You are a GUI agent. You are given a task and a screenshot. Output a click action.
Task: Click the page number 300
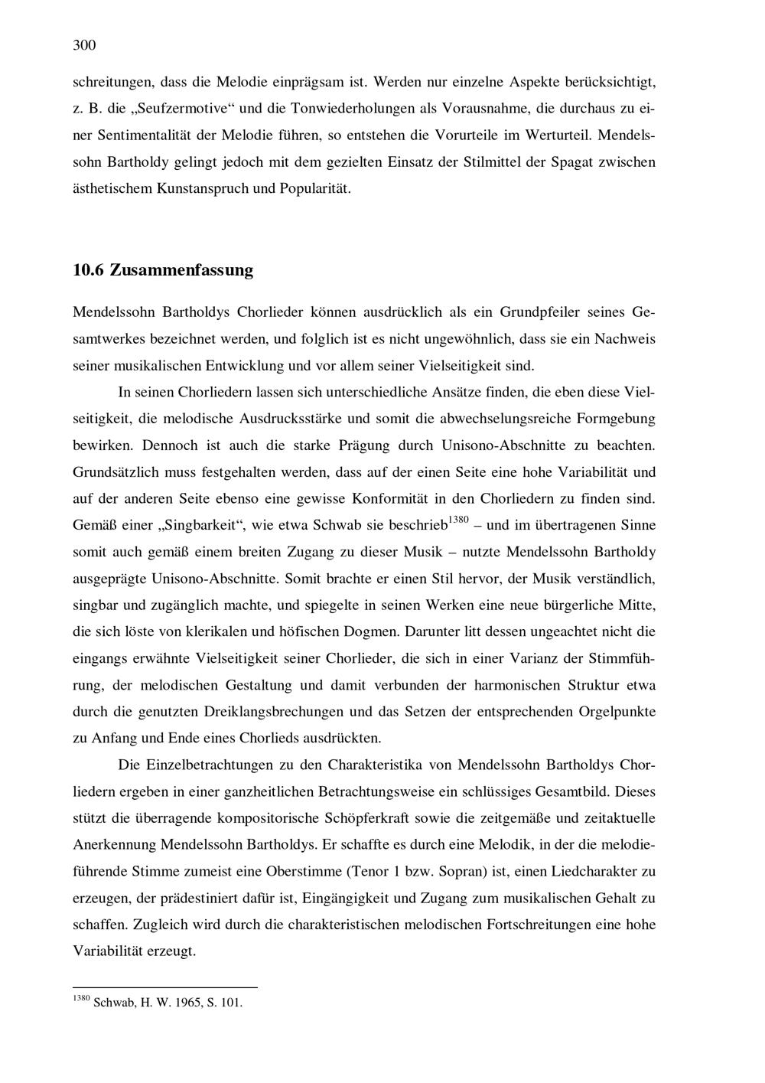pyautogui.click(x=84, y=45)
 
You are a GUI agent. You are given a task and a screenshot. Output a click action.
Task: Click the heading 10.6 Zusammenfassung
pyautogui.click(x=162, y=270)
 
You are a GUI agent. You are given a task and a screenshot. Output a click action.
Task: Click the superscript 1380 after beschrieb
pyautogui.click(x=457, y=520)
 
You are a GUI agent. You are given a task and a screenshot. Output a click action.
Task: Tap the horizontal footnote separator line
pyautogui.click(x=164, y=987)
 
